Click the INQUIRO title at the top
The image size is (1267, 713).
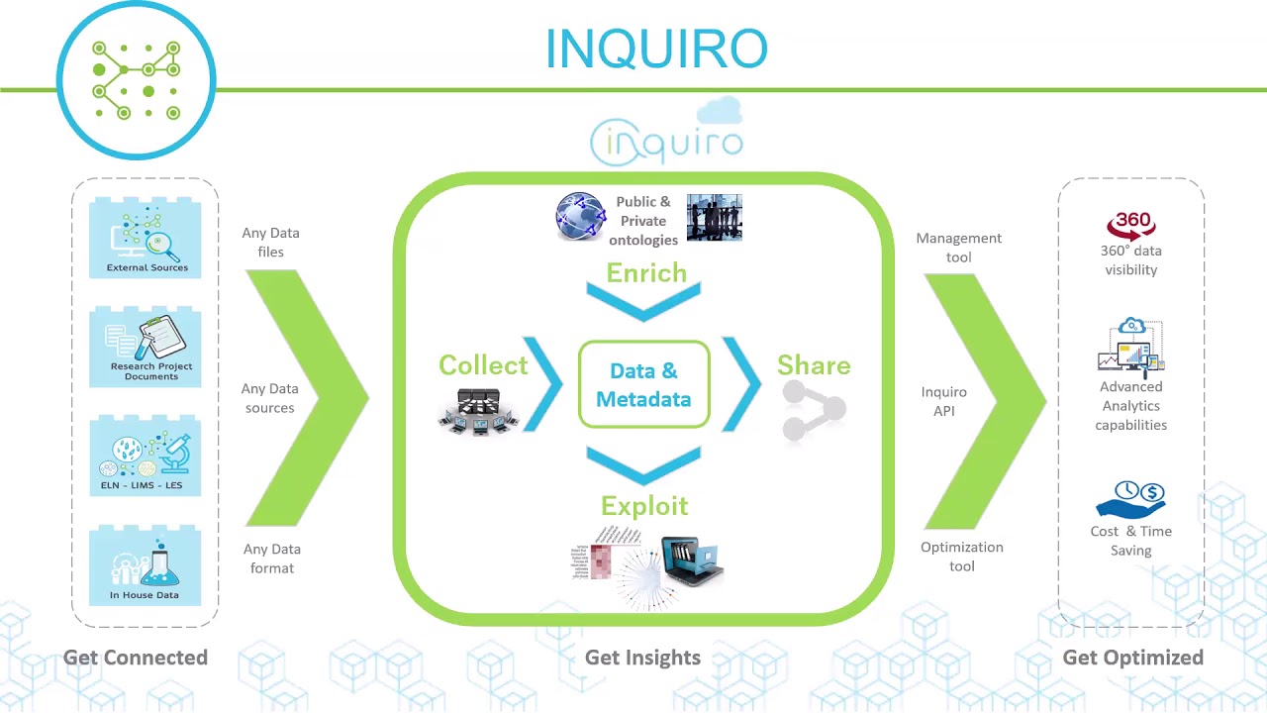[656, 50]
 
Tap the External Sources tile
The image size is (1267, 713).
[146, 239]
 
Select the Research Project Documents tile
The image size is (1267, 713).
[146, 348]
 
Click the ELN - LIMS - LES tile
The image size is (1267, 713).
[146, 457]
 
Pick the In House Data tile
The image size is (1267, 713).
[146, 565]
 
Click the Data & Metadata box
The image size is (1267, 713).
[643, 385]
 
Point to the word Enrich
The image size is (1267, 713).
[645, 273]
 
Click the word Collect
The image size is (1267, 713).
[483, 365]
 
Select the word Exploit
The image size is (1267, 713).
[643, 506]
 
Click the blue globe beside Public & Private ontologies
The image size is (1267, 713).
[580, 218]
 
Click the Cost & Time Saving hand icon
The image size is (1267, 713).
[1131, 500]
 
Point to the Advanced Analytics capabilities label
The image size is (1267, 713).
[1130, 406]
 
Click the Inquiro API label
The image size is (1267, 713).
[944, 401]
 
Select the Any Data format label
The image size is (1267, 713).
[271, 559]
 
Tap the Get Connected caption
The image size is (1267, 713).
[136, 658]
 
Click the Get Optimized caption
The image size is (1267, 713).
[1132, 658]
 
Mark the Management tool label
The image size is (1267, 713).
[958, 248]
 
